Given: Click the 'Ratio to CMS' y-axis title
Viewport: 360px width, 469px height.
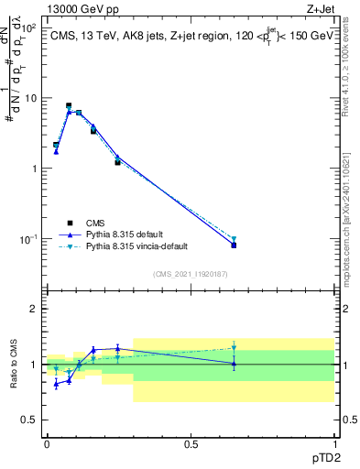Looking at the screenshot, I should pyautogui.click(x=16, y=365).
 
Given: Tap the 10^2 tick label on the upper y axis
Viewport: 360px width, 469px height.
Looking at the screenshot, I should pyautogui.click(x=27, y=27).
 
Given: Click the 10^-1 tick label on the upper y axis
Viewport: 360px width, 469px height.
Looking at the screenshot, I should pyautogui.click(x=27, y=239).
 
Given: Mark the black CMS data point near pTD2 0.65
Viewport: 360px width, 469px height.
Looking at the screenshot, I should pyautogui.click(x=234, y=245).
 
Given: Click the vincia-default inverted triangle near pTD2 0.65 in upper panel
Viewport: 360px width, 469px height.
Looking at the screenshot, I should pyautogui.click(x=234, y=239).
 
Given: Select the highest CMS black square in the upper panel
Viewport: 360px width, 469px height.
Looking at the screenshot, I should pyautogui.click(x=69, y=106).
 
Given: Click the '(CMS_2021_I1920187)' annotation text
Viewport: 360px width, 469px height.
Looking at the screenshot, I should pyautogui.click(x=190, y=273).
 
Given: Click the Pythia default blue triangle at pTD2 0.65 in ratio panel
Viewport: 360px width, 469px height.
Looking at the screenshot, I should pyautogui.click(x=234, y=364).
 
